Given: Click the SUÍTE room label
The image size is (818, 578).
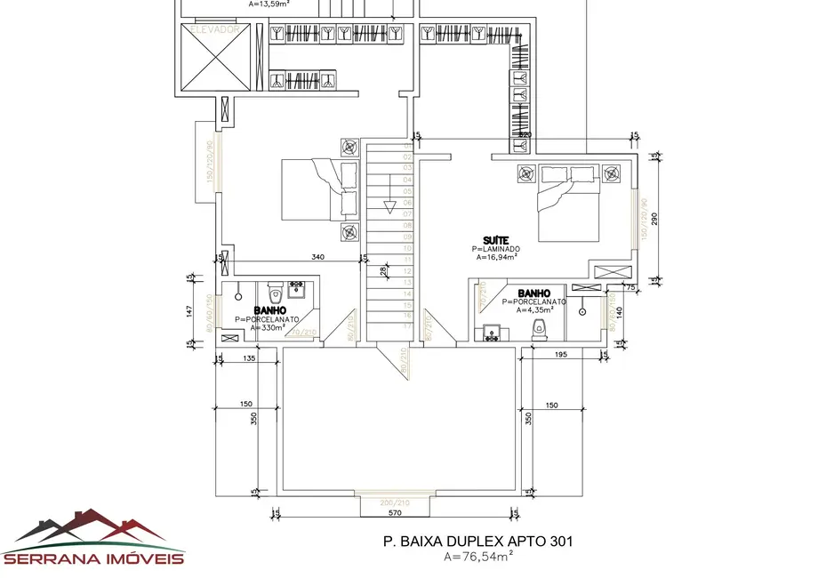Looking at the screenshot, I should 495,240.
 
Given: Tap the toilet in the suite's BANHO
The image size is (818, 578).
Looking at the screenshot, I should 538,331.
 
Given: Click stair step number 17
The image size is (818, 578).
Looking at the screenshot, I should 407,326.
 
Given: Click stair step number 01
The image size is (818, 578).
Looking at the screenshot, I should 407,143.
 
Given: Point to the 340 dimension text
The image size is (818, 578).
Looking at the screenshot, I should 317,257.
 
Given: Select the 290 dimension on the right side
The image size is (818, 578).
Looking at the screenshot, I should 655,218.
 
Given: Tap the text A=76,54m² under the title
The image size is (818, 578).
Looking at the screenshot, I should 478,558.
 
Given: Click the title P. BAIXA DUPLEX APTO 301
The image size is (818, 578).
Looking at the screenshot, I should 478,540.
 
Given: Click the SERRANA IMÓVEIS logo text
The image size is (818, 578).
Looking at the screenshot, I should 93,558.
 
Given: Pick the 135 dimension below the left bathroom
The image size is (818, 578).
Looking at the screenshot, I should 249,358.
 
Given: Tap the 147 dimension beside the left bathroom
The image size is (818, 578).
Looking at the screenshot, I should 189,310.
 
